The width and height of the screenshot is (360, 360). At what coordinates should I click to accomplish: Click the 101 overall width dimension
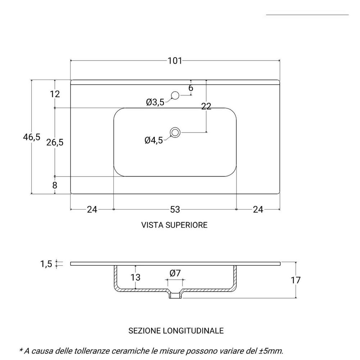point(175,60)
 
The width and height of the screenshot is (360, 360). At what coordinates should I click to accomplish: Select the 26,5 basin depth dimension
point(55,142)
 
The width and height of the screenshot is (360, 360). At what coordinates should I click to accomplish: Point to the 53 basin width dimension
point(175,209)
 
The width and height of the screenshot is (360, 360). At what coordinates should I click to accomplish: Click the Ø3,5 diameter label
point(155,103)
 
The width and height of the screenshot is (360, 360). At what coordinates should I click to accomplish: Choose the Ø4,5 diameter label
point(154,140)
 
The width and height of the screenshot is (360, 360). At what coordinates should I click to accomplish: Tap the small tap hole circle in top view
point(175,95)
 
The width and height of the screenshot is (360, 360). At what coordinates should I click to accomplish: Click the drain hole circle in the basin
point(175,132)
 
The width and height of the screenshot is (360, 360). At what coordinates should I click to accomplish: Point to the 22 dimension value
point(206,106)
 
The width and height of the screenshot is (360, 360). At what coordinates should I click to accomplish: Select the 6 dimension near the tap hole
point(191,88)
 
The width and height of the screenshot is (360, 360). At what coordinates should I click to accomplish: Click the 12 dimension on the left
point(55,94)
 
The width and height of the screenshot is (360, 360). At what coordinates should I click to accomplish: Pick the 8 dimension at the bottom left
point(55,185)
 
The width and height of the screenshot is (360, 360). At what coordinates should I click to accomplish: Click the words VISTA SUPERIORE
point(174,225)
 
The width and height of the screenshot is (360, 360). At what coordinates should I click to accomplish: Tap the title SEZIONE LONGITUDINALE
point(176,330)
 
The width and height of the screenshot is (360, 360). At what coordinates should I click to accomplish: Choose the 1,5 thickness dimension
point(46,264)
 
